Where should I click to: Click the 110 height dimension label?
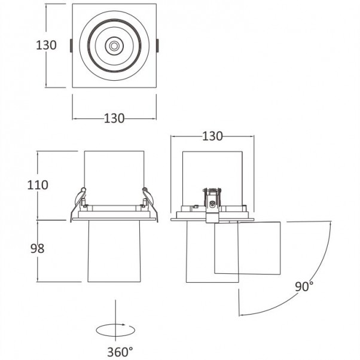click(38, 185)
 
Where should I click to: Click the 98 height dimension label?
click(37, 248)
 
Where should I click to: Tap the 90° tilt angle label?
click(304, 286)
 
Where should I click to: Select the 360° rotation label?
click(120, 352)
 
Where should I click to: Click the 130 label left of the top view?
click(46, 45)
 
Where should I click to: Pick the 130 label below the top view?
click(114, 118)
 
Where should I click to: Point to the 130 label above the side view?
click(212, 136)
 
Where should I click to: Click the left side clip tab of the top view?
click(71, 45)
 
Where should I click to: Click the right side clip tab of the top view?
click(157, 45)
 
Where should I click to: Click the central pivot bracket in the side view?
click(212, 205)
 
